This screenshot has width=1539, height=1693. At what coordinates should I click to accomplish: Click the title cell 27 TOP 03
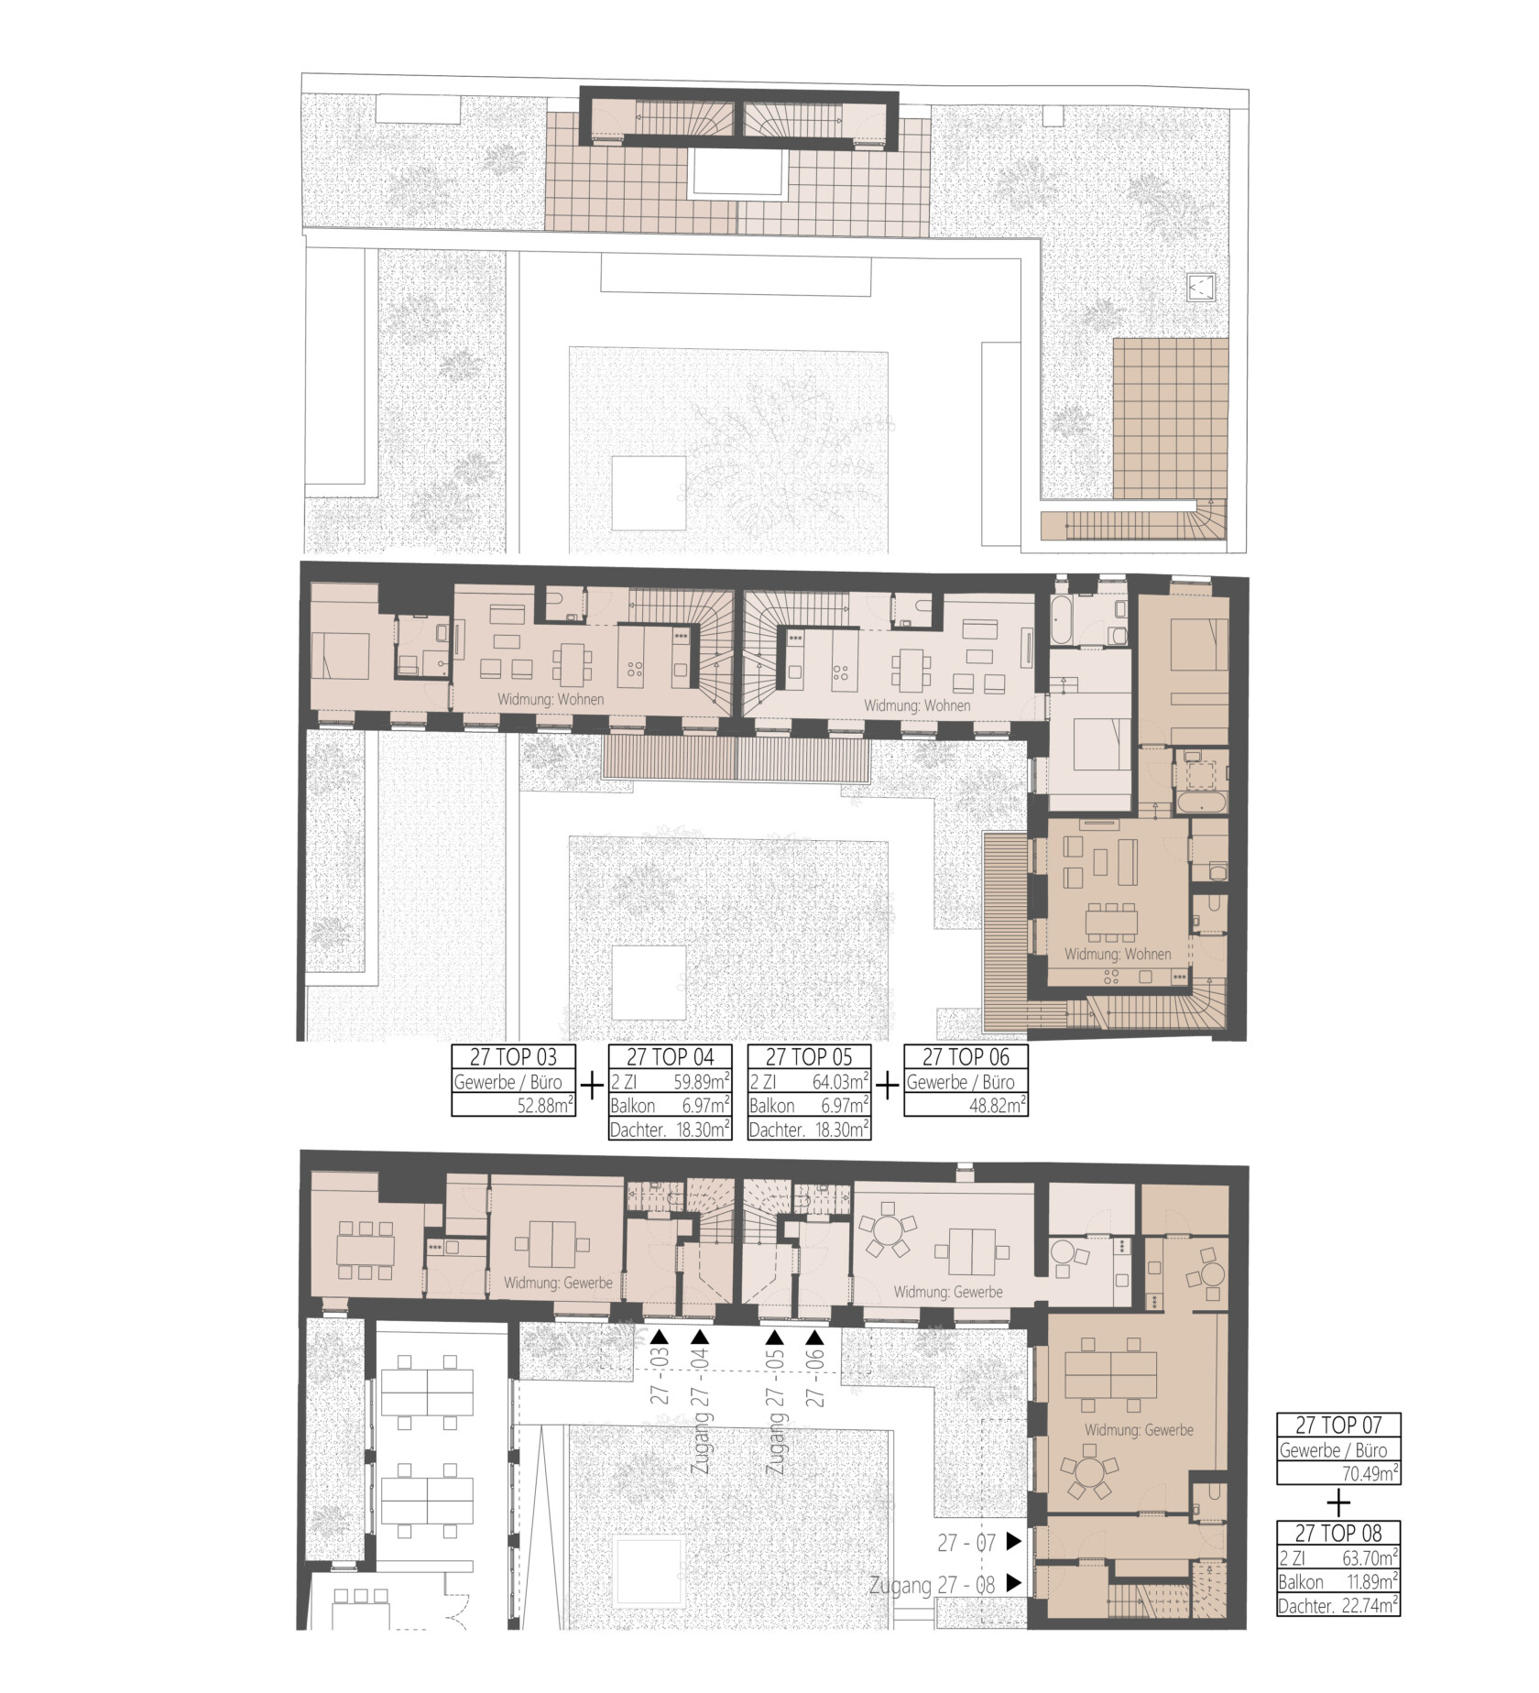pos(515,1056)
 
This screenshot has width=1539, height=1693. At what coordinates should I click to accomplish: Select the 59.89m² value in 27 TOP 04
pos(702,1081)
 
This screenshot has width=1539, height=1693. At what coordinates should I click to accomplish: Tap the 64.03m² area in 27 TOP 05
pos(840,1081)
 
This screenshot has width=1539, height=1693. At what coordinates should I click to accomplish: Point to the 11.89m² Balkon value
pos(1369,1582)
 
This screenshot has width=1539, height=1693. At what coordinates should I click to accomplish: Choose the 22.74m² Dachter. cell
pos(1369,1605)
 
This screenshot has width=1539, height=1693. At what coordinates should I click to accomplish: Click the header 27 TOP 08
pos(1338,1533)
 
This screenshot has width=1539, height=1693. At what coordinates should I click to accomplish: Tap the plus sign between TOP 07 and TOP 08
pos(1338,1503)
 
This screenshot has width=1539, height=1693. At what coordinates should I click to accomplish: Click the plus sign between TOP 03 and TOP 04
pos(594,1086)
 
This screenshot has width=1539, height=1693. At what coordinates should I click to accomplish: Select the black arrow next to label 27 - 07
pos(1013,1542)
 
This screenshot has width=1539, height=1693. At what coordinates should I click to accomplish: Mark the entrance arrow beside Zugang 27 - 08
pos(1013,1582)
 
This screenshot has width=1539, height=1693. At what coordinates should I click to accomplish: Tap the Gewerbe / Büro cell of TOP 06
pos(966,1081)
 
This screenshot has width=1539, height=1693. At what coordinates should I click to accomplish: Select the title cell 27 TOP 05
pos(809,1056)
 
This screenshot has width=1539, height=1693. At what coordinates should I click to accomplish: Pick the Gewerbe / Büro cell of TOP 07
pos(1338,1450)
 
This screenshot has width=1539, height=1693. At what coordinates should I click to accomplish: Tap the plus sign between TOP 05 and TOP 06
pos(888,1086)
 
